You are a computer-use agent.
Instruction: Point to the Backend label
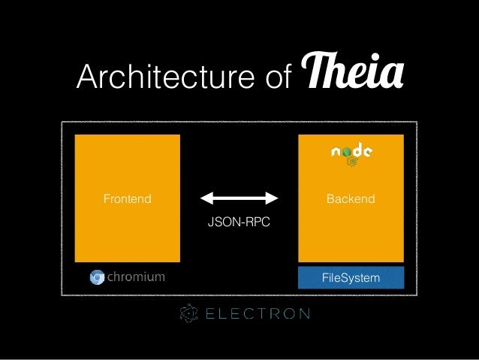[351, 199]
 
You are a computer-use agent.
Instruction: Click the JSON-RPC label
[239, 223]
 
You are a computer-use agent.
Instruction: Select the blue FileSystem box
[351, 278]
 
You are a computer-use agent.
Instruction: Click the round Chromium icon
[97, 277]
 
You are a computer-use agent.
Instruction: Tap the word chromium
[136, 277]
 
